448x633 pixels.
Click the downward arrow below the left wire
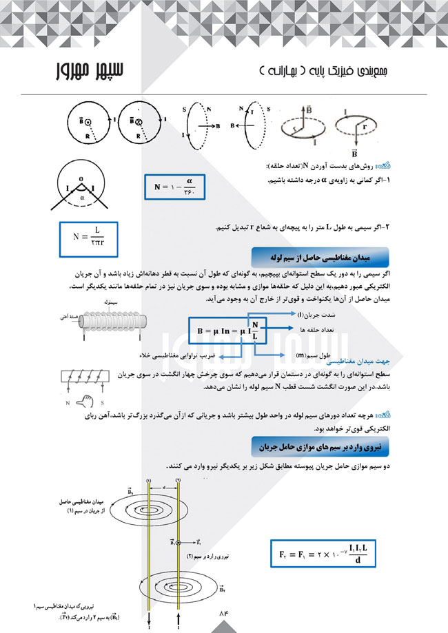coord(149,617)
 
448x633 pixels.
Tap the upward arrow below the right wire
coord(178,617)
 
